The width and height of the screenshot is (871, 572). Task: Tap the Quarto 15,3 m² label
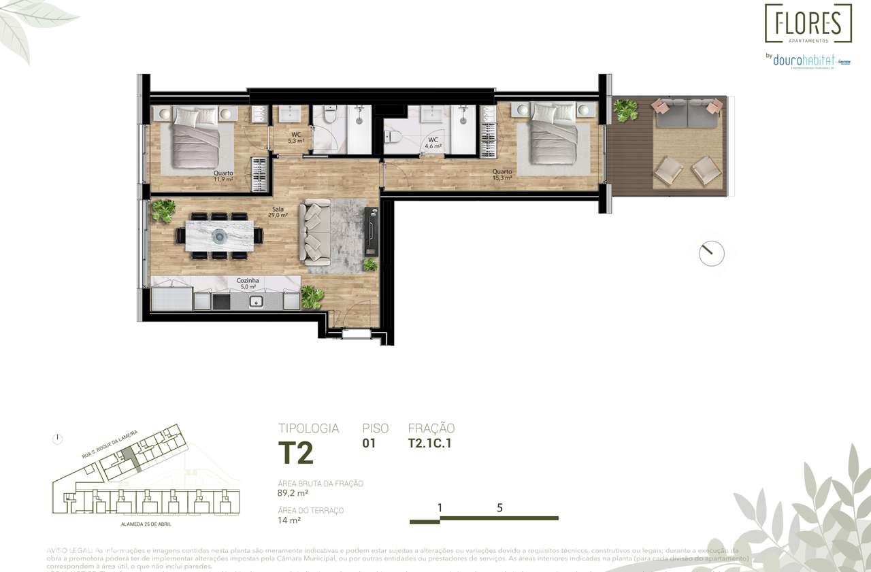coord(502,175)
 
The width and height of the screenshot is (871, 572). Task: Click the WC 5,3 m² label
coord(297,137)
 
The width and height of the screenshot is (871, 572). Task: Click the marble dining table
coord(220,236)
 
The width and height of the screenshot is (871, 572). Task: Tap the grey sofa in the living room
coord(316,233)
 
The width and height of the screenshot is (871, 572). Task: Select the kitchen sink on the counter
coord(257,301)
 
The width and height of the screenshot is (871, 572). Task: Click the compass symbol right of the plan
coord(712,253)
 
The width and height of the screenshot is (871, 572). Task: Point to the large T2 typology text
coord(295,453)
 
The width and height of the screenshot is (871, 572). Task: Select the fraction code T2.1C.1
coord(431,443)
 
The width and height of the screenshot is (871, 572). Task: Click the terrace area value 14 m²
coord(289,520)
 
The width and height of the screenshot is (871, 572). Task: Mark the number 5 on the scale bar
coord(499,507)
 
